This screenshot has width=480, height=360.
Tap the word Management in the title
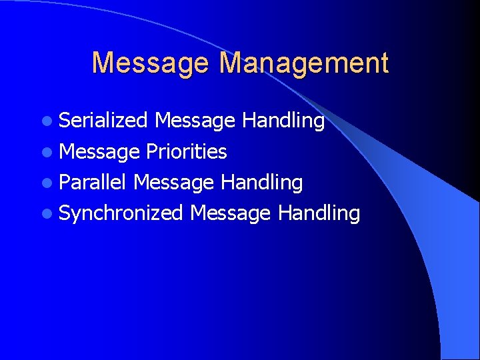pyautogui.click(x=304, y=63)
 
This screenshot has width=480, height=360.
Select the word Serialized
pyautogui.click(x=103, y=121)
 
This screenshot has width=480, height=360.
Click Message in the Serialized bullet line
pyautogui.click(x=195, y=121)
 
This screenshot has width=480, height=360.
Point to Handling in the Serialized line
pyautogui.click(x=283, y=121)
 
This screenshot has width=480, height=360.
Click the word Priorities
pyautogui.click(x=187, y=151)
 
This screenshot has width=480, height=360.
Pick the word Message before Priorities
pyautogui.click(x=99, y=151)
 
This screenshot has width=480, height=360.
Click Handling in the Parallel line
pyautogui.click(x=262, y=182)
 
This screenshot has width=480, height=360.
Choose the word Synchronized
pyautogui.click(x=121, y=213)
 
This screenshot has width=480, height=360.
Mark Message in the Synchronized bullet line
pyautogui.click(x=230, y=213)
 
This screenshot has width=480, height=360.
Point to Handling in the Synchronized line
pyautogui.click(x=319, y=213)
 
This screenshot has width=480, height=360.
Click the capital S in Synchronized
pyautogui.click(x=65, y=213)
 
